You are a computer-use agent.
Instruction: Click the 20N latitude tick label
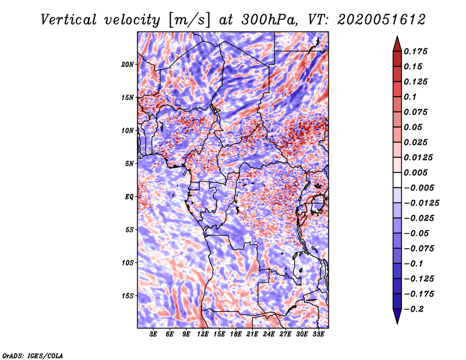(128, 64)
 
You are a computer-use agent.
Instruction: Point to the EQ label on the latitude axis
(129, 197)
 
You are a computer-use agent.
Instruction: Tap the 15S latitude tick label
(128, 296)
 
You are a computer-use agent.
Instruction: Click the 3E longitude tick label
(154, 334)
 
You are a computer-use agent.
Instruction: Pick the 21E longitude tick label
(252, 334)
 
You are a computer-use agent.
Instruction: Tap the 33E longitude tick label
(317, 334)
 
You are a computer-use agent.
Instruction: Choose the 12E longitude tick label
(203, 334)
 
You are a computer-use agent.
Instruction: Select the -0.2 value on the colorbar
(417, 309)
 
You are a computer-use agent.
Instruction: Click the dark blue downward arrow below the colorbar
(397, 316)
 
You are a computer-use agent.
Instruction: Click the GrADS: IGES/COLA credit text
(33, 355)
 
